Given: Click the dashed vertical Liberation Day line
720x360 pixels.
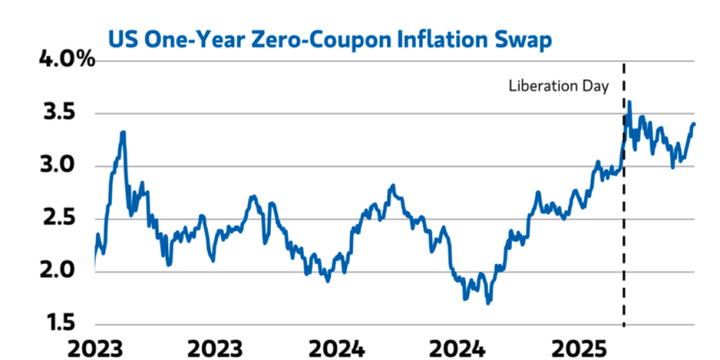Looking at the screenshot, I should click(624, 240).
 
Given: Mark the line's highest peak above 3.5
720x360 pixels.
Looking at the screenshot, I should click(629, 101).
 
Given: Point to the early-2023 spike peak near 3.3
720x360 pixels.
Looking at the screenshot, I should click(123, 132).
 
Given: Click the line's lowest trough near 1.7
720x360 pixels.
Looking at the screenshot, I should click(488, 303).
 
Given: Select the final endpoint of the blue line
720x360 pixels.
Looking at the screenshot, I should click(694, 124).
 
